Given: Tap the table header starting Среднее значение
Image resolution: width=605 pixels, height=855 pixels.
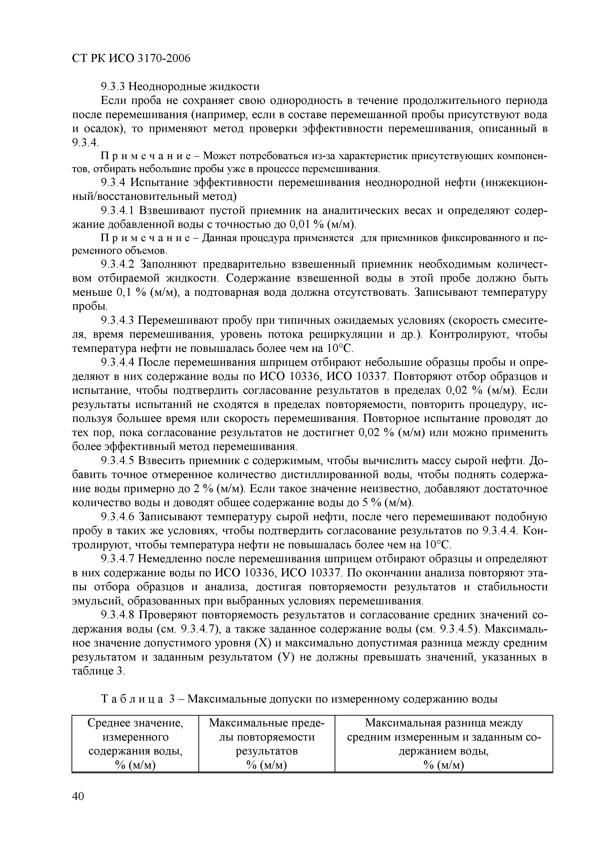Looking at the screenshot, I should tap(135, 745).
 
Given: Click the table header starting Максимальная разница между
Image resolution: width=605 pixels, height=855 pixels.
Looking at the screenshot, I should tap(443, 745).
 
